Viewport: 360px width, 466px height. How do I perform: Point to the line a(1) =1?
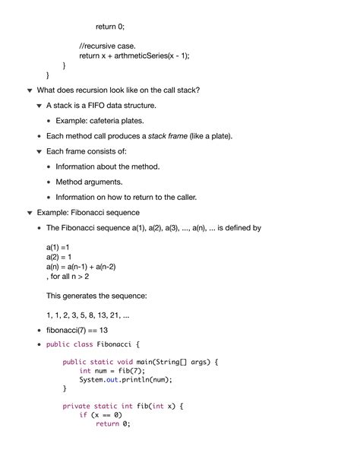click(x=58, y=248)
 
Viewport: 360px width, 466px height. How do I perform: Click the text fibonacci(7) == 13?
click(x=77, y=330)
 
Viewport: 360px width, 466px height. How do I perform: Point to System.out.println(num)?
click(x=125, y=380)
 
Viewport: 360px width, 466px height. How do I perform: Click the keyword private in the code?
click(x=77, y=407)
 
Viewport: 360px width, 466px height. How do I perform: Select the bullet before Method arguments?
click(x=49, y=182)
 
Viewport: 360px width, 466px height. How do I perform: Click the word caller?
click(x=184, y=197)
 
